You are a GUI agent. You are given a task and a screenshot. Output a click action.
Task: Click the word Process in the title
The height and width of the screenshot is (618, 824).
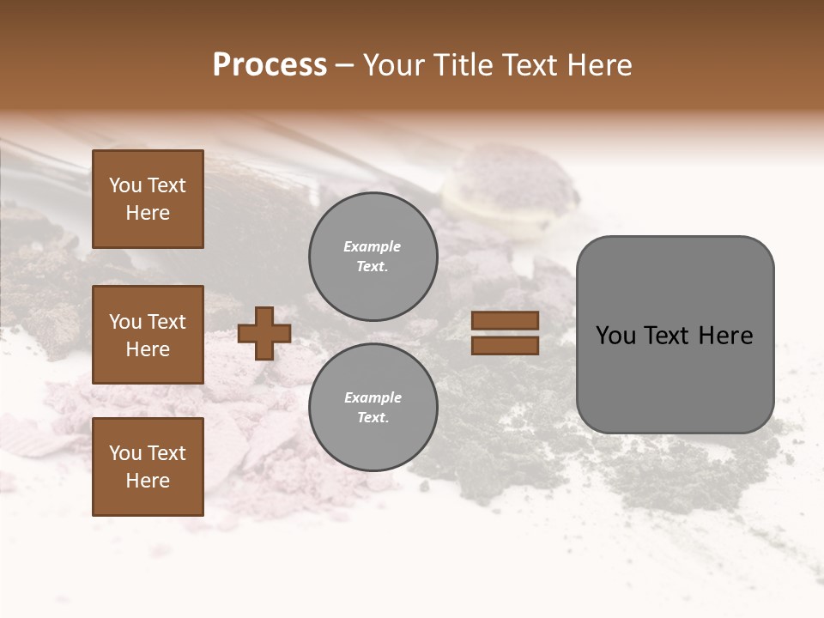pyautogui.click(x=270, y=65)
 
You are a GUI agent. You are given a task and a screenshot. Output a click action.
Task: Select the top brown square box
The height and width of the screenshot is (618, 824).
pyautogui.click(x=148, y=199)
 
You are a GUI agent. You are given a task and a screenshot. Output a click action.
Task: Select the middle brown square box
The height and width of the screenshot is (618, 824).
pyautogui.click(x=148, y=335)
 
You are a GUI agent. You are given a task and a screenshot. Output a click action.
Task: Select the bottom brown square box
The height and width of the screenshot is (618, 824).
pyautogui.click(x=148, y=466)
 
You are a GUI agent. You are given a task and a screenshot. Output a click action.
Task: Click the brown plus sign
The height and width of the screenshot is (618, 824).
pyautogui.click(x=264, y=333)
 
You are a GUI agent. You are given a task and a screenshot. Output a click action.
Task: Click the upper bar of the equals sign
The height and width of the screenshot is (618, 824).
pyautogui.click(x=505, y=320)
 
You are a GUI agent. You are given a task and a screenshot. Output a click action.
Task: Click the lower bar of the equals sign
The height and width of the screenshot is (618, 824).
pyautogui.click(x=505, y=346)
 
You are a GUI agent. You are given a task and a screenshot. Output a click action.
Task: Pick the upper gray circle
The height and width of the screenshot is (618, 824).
pyautogui.click(x=373, y=256)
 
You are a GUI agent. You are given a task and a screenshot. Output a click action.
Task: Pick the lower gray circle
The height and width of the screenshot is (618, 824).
pyautogui.click(x=373, y=407)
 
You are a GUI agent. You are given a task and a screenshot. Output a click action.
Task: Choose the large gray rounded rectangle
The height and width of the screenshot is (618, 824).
pyautogui.click(x=675, y=335)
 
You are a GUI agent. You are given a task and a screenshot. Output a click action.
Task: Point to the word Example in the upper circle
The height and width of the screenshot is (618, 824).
pyautogui.click(x=372, y=246)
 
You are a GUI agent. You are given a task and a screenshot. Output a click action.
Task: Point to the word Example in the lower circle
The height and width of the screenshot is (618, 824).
pyautogui.click(x=373, y=397)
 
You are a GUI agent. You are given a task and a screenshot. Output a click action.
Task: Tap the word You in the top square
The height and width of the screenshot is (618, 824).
pyautogui.click(x=125, y=185)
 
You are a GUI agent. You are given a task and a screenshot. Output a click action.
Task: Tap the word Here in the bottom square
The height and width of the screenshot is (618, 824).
pyautogui.click(x=148, y=481)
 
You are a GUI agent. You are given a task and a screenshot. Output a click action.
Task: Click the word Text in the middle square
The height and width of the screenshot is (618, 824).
pyautogui.click(x=166, y=322)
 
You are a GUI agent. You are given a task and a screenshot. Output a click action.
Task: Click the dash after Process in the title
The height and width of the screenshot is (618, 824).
pyautogui.click(x=344, y=65)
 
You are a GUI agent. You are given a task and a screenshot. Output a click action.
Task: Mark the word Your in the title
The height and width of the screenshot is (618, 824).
pyautogui.click(x=390, y=65)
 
